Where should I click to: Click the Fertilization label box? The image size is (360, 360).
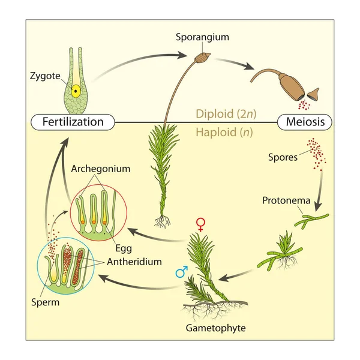pos(73,122)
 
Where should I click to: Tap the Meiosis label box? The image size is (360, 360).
pos(305,122)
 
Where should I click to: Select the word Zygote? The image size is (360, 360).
pos(45,76)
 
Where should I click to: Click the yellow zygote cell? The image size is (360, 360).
pos(76,91)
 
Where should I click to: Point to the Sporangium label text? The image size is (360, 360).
pos(203,37)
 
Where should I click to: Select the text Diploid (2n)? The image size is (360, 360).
pos(226,113)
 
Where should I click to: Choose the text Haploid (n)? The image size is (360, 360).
pos(224,132)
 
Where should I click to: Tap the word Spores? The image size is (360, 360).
pos(283,157)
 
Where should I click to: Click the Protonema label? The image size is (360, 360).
pos(286,200)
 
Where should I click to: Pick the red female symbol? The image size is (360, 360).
pos(200,225)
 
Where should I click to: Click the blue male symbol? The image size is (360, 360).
pos(182,272)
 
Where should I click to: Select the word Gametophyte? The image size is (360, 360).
pos(215,328)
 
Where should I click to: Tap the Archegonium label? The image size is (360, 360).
pos(101,169)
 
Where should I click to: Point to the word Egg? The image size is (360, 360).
pos(124,248)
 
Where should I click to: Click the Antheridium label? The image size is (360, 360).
pos(134,262)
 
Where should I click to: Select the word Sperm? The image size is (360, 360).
pos(46,302)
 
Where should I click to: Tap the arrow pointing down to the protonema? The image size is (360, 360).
pos(320,191)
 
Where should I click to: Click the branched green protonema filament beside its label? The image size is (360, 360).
pos(311,220)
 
